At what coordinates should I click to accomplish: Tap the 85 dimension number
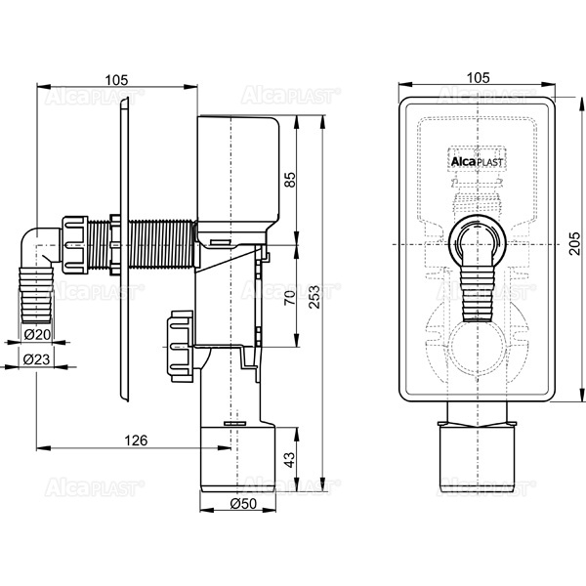[289, 179]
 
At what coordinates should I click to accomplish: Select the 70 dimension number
[289, 299]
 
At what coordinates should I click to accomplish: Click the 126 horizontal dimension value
[136, 440]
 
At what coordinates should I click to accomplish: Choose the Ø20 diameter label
[37, 335]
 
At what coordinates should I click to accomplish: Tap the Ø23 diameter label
[37, 359]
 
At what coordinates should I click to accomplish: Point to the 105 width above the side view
[116, 77]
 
